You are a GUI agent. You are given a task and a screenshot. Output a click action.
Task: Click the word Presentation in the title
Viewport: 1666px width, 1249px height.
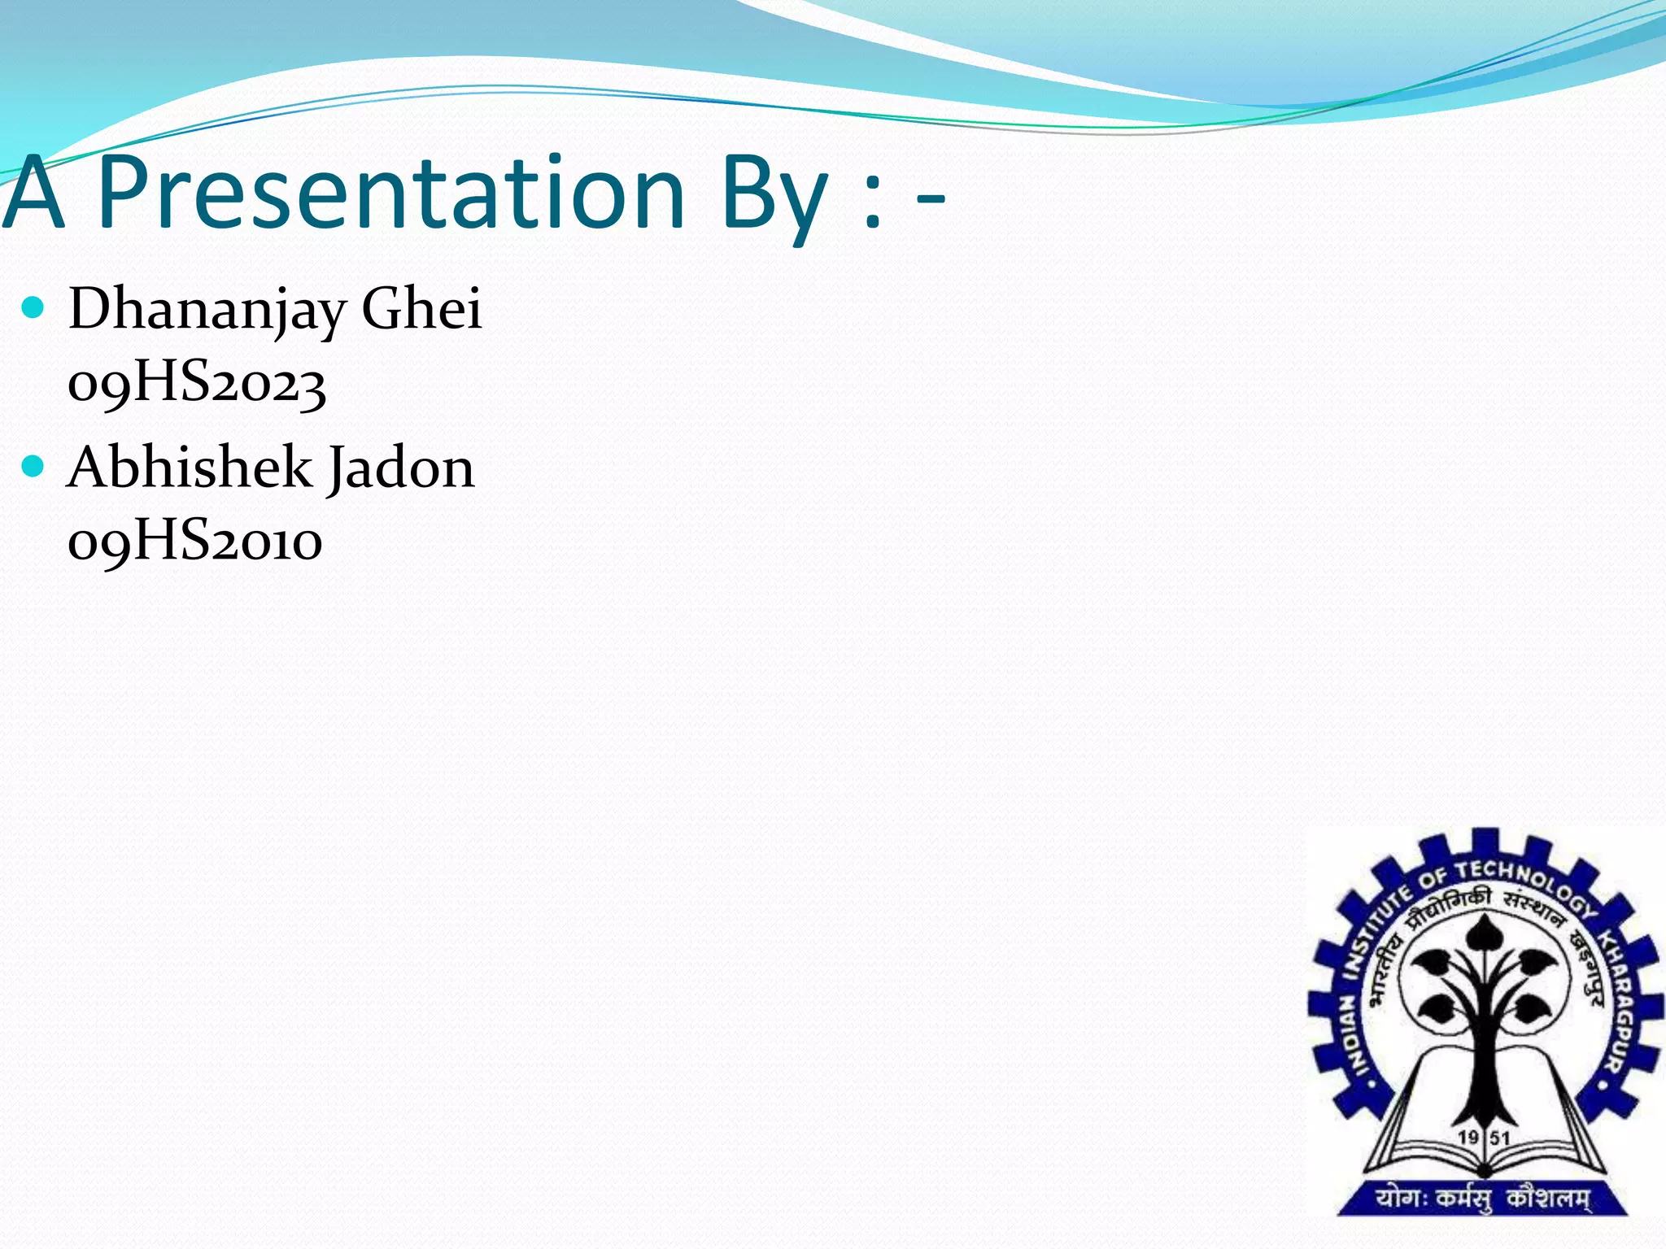[390, 194]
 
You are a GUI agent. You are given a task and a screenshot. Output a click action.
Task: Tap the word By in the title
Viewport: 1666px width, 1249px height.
[774, 195]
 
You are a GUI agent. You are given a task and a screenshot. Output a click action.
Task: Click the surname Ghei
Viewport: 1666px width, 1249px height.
[421, 309]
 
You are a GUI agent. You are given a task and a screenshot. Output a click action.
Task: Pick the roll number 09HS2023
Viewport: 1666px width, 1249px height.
[197, 384]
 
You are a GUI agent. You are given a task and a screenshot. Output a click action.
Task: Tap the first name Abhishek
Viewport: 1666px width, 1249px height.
[190, 468]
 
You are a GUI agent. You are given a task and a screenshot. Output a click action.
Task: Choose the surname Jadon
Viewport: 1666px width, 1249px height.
[401, 469]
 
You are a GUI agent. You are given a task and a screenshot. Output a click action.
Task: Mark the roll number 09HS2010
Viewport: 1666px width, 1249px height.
[195, 542]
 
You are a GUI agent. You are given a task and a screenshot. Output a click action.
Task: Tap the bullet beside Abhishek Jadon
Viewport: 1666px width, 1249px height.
[33, 466]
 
